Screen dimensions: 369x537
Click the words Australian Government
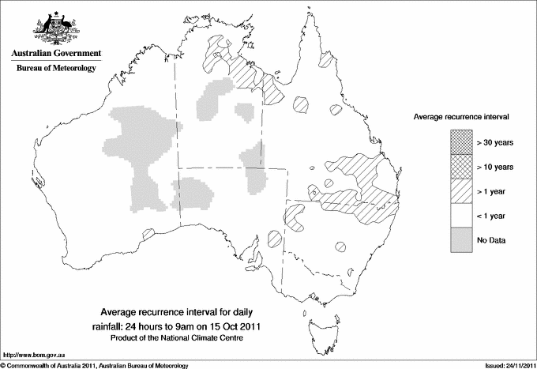coord(56,54)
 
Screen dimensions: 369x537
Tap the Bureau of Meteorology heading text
coord(56,69)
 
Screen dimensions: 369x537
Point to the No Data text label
coord(490,240)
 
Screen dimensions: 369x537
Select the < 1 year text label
coord(492,216)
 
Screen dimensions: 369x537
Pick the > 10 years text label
coord(495,167)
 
